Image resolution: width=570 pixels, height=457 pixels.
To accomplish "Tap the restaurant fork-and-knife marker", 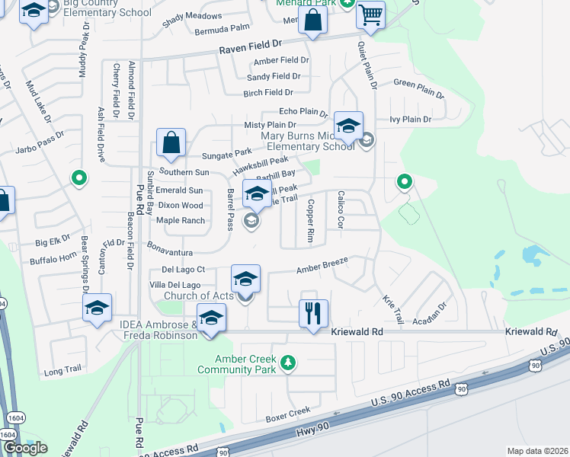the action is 313,312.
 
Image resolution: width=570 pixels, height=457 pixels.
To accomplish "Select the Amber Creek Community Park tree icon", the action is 288,361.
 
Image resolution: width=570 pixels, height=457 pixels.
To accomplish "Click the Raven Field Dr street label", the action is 250,47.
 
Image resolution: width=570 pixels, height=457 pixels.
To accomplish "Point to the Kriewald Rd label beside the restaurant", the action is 357,333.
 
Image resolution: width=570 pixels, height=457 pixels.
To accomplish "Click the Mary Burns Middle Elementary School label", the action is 308,141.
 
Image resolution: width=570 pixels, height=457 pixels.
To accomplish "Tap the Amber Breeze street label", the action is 322,265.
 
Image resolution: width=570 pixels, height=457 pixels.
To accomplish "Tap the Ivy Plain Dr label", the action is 410,120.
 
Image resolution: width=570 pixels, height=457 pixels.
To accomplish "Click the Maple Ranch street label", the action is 181,221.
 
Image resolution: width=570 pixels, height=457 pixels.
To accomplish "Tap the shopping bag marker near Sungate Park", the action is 171,142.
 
